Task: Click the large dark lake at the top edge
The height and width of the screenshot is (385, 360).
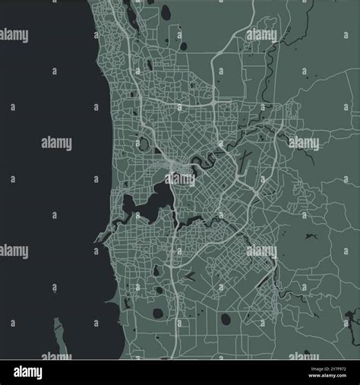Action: click(166, 11)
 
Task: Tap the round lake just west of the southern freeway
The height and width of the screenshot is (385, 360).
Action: click(158, 313)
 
